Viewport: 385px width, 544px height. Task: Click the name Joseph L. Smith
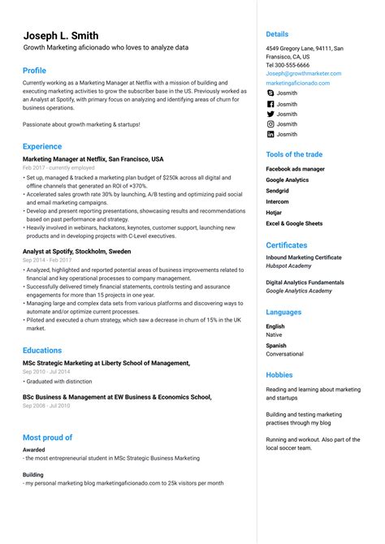61,36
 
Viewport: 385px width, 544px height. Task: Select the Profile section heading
34,71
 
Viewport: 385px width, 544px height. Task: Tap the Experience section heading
42,146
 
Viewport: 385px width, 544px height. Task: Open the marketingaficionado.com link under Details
297,83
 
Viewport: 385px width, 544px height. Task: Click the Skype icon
270,93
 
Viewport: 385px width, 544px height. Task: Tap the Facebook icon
270,104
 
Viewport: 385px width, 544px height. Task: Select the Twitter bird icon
270,114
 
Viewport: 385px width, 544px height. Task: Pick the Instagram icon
270,124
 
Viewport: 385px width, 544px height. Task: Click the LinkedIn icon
270,135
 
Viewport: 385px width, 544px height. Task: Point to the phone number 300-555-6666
292,65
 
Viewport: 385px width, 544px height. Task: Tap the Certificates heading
287,244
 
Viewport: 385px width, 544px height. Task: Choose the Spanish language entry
277,346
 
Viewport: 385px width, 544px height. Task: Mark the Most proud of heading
47,437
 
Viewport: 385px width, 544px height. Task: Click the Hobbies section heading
279,375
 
